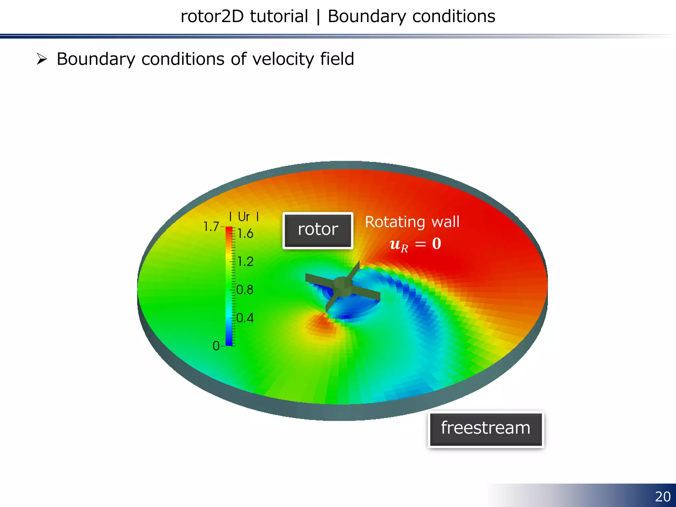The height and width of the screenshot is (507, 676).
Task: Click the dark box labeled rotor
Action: (318, 230)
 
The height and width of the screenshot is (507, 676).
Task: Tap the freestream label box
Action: (486, 429)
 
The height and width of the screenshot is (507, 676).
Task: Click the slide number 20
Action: (662, 497)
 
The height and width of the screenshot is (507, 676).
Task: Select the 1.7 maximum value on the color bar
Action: (211, 227)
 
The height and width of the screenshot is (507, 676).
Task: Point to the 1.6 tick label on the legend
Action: (245, 234)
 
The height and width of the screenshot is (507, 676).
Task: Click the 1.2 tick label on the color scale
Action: (245, 262)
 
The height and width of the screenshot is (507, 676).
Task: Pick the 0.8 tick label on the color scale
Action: (245, 290)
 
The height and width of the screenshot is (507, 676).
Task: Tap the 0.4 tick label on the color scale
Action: (245, 318)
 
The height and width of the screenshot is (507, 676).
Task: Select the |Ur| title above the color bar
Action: (244, 217)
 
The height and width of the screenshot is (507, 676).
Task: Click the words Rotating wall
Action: (412, 222)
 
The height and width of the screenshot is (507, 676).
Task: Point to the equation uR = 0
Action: (415, 245)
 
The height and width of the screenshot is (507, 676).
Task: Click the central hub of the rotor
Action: (342, 286)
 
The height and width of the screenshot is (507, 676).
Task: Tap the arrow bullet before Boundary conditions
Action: (42, 59)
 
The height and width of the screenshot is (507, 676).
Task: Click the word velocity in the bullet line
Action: (280, 59)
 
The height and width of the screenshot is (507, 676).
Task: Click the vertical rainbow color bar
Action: (229, 286)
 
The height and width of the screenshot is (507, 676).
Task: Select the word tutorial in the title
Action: (279, 17)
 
